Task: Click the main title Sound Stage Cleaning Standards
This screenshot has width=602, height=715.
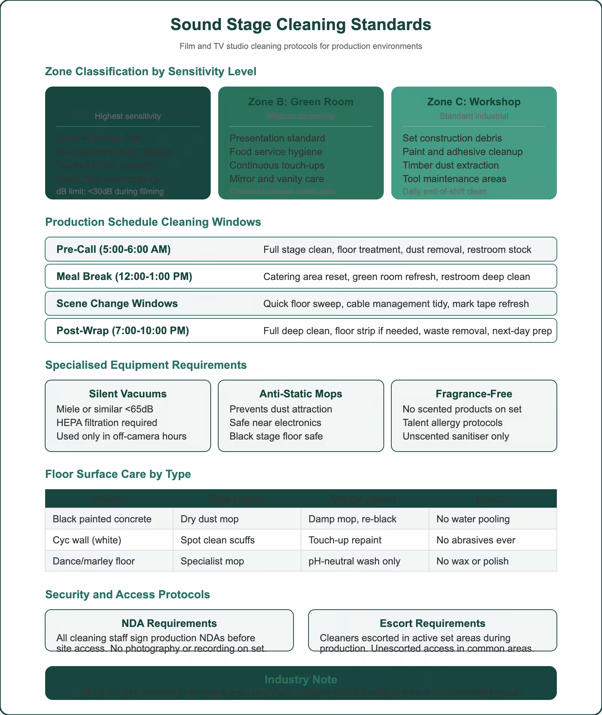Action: (x=301, y=24)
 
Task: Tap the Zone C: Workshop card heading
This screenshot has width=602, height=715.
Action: (x=474, y=102)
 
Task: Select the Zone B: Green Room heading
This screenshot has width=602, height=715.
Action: (x=301, y=102)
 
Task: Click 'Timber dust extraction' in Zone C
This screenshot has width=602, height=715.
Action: (x=450, y=165)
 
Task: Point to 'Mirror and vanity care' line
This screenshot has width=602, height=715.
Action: (x=277, y=179)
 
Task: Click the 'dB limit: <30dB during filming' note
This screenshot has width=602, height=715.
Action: (x=110, y=191)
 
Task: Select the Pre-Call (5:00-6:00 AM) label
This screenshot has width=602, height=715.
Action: (x=113, y=249)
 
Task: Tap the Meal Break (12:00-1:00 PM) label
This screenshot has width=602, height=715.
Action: (x=124, y=277)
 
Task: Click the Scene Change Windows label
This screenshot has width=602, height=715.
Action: (x=117, y=304)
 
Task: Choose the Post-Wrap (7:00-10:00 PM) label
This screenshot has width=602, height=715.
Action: (x=123, y=331)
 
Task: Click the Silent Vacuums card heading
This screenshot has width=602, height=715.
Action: (x=128, y=394)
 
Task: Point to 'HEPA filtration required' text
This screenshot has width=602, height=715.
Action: (x=106, y=423)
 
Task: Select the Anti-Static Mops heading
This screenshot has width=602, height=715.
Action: (x=301, y=394)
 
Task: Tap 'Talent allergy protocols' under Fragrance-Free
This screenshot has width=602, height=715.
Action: (x=452, y=423)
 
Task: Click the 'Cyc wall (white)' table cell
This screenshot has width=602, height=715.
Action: (x=87, y=540)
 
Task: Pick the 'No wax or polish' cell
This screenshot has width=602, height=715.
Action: (x=472, y=561)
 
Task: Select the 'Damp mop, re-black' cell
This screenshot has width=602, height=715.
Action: (x=352, y=519)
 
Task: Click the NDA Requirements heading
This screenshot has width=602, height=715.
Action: (x=169, y=623)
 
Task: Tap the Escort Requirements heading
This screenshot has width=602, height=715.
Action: (x=432, y=623)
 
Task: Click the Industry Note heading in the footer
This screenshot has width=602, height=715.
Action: (x=301, y=679)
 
